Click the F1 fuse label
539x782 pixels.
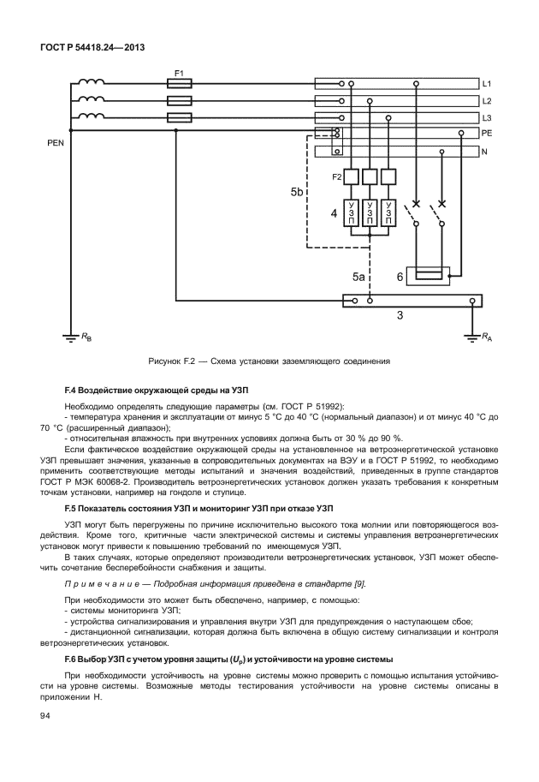[180, 73]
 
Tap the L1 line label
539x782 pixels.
[486, 84]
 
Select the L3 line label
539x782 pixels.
[486, 117]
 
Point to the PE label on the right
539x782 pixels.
[487, 134]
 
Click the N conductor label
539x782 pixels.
[485, 152]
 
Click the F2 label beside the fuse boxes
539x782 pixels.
[337, 177]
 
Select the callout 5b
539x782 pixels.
[296, 193]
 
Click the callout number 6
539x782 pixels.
[399, 278]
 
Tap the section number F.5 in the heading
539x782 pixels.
[73, 508]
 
